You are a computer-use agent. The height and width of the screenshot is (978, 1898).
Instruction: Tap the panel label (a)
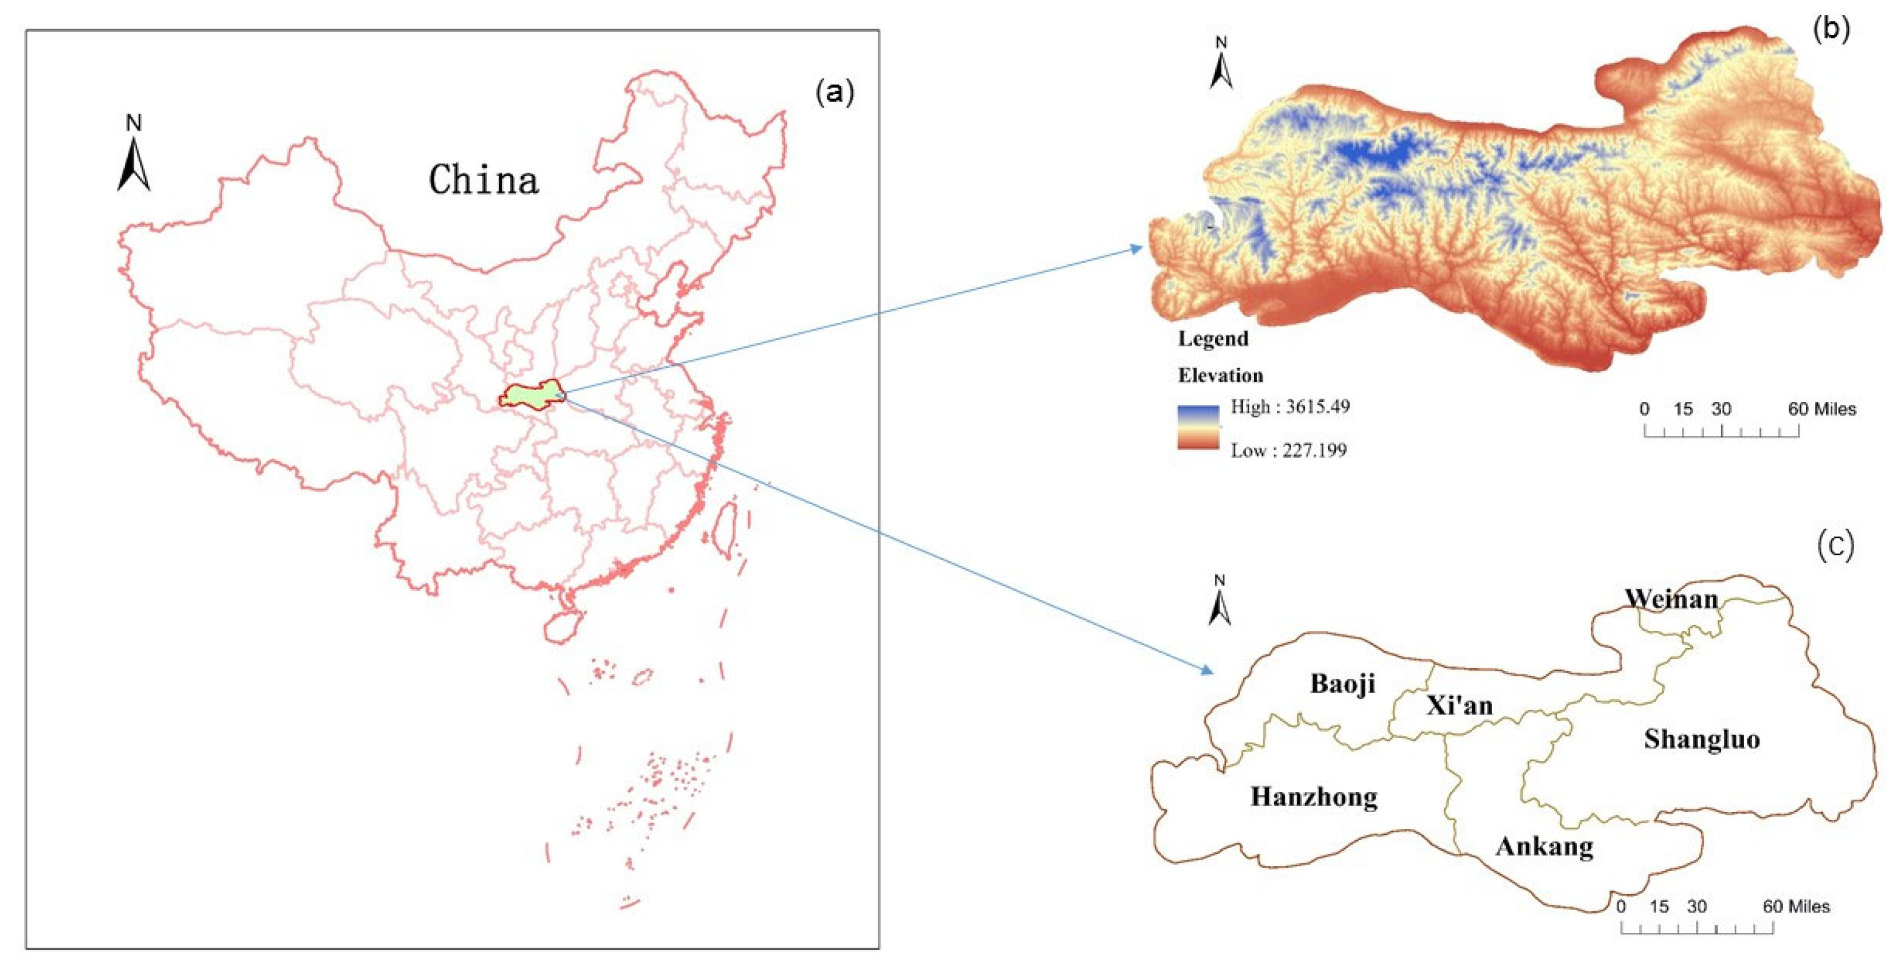[x=835, y=93]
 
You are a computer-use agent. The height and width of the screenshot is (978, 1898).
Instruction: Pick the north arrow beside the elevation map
[x=1221, y=64]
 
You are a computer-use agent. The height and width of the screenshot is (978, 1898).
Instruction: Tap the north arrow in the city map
[x=1219, y=600]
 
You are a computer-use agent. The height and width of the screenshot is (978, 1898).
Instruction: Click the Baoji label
[x=1342, y=684]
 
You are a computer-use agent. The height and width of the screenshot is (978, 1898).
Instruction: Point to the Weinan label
[x=1671, y=599]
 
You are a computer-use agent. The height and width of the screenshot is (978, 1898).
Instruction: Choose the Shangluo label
[x=1702, y=739]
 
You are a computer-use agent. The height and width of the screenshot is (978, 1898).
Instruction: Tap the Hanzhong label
[x=1314, y=797]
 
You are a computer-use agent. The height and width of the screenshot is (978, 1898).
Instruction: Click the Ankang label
[x=1544, y=846]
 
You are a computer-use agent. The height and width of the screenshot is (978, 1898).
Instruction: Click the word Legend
[x=1213, y=339]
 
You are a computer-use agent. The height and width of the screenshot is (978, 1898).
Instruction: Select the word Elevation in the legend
[x=1220, y=375]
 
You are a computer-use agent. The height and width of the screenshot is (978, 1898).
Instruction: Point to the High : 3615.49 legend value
[x=1289, y=407]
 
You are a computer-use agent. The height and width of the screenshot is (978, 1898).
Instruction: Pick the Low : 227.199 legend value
[x=1288, y=449]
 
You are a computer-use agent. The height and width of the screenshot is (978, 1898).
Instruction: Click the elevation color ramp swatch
[x=1197, y=427]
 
